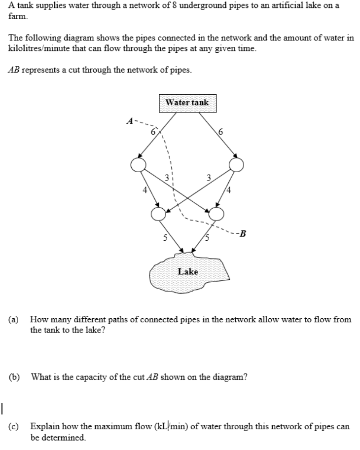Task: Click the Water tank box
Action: [187, 103]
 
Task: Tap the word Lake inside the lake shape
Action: [187, 271]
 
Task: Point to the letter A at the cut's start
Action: [130, 119]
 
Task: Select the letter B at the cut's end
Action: [242, 233]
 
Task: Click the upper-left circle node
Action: [138, 164]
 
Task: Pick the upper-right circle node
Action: [237, 164]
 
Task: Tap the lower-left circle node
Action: [158, 214]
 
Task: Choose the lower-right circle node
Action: [216, 214]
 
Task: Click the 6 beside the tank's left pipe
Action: [153, 132]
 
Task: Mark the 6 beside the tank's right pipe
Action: [220, 132]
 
